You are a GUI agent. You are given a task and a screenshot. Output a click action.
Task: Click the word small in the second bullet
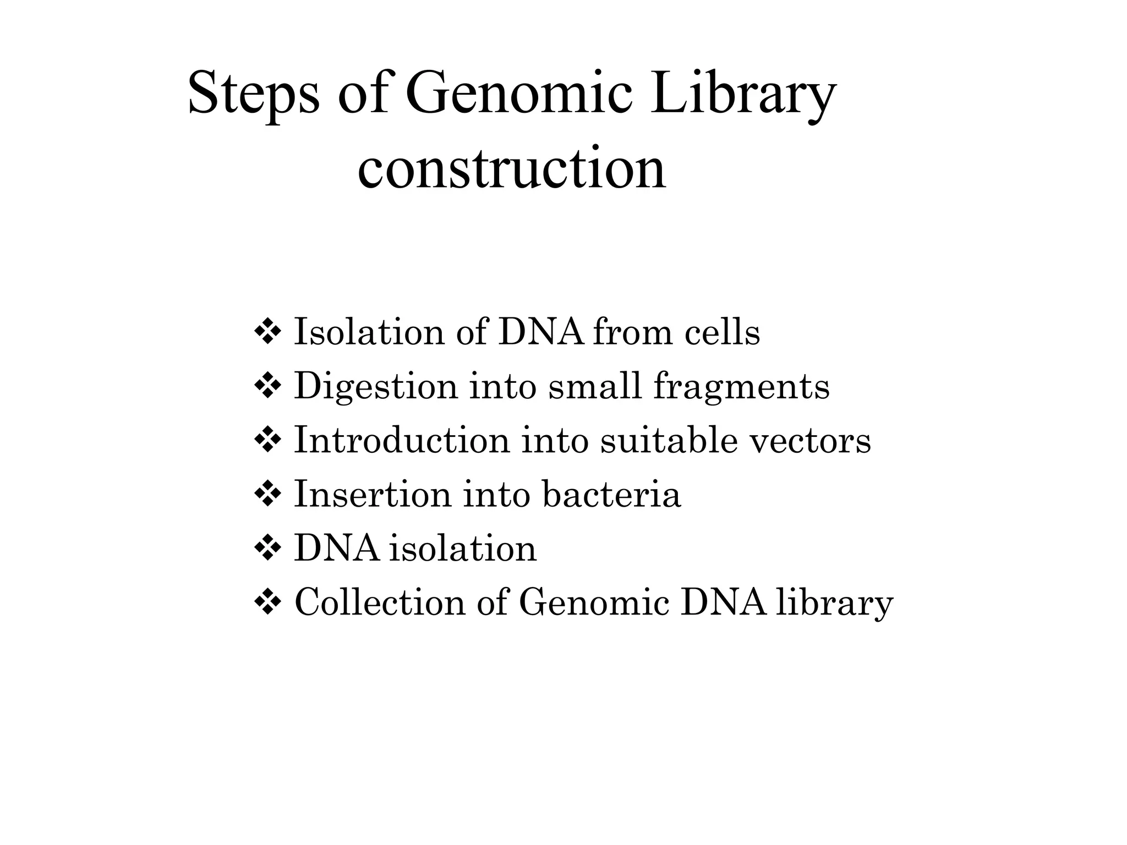(595, 386)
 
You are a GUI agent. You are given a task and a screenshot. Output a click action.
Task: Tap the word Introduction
(402, 441)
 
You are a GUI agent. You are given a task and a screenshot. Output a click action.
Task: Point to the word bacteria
(611, 494)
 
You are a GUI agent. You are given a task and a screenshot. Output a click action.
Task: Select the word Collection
(380, 602)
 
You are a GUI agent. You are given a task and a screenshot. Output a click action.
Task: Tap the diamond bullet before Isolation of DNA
(267, 332)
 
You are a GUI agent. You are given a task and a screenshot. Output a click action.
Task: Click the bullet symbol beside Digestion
(267, 386)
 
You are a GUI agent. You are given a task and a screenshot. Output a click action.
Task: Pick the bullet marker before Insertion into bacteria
(267, 494)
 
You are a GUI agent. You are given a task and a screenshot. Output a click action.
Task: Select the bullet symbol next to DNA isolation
(267, 548)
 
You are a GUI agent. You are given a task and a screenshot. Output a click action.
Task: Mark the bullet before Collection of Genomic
(267, 602)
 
